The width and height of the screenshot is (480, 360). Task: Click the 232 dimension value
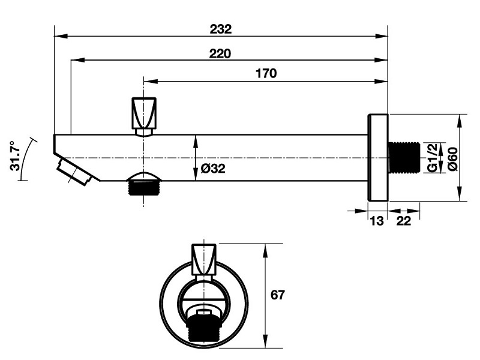coord(220,28)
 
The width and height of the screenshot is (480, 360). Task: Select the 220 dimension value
coord(220,53)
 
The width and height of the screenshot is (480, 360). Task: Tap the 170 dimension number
coord(265,74)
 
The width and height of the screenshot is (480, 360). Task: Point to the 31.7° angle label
coord(16,156)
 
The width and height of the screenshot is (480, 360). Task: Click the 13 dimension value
coord(376,221)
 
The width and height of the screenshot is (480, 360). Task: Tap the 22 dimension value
coord(403,221)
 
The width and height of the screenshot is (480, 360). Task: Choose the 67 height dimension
coord(277,295)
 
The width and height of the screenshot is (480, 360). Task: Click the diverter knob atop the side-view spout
coord(145,113)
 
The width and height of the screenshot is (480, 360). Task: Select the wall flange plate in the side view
coord(379,157)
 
